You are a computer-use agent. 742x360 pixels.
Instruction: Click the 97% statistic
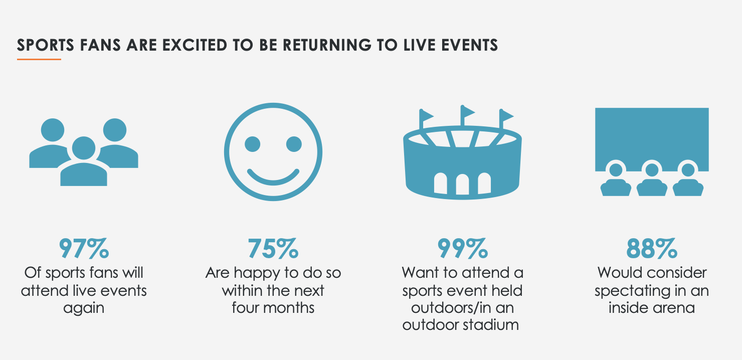[84, 248]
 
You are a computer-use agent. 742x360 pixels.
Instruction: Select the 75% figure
[273, 248]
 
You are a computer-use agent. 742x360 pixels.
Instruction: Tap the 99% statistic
[462, 248]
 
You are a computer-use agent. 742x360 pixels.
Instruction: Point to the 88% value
[652, 248]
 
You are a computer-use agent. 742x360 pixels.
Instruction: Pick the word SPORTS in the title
[46, 45]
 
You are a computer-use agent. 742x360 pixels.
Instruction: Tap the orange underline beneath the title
[39, 60]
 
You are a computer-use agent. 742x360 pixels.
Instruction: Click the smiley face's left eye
[252, 144]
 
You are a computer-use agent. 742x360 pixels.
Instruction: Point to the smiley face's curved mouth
[273, 180]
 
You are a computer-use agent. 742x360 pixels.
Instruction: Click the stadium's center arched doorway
[462, 185]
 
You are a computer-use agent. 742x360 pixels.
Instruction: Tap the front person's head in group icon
[83, 148]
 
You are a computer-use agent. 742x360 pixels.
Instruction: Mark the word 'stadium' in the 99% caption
[491, 325]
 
